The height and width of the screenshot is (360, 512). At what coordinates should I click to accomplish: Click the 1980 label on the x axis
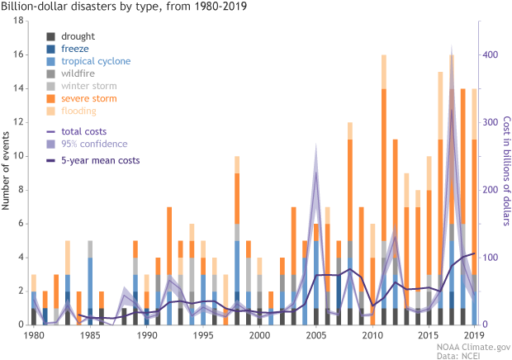[34, 335]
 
